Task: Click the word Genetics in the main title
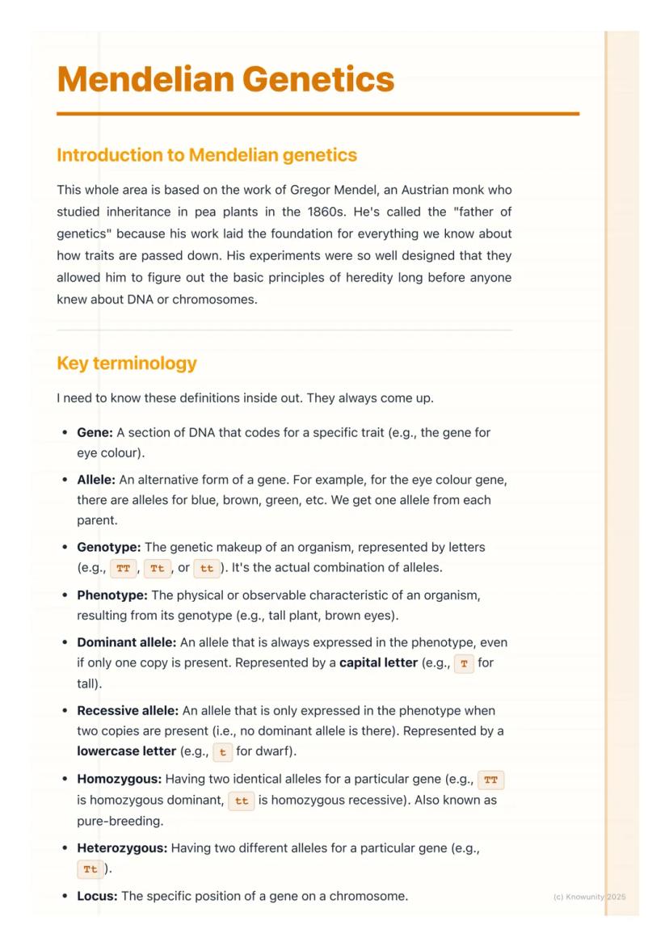(318, 79)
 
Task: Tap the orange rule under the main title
(318, 114)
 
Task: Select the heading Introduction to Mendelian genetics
(207, 154)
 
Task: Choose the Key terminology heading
(127, 364)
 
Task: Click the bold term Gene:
(95, 432)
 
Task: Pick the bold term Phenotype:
(112, 595)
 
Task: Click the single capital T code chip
(463, 663)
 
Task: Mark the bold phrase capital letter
(378, 663)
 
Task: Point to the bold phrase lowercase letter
(126, 751)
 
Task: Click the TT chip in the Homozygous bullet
(490, 780)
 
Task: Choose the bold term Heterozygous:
(123, 848)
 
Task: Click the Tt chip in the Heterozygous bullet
(90, 869)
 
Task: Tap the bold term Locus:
(97, 896)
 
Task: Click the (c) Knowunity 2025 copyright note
(589, 897)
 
